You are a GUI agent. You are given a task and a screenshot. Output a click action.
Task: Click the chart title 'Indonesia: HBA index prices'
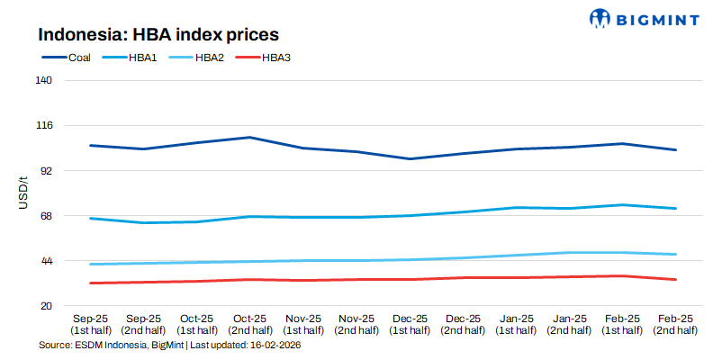[x=158, y=35]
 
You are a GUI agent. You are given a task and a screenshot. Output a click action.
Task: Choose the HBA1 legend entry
[x=131, y=58]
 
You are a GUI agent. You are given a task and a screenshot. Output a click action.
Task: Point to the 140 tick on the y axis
[x=44, y=80]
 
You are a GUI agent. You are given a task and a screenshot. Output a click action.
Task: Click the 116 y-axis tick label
[x=44, y=125]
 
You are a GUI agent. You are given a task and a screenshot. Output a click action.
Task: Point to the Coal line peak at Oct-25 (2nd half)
[x=249, y=138]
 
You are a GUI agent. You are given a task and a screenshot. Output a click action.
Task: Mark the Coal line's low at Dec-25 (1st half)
[x=410, y=159]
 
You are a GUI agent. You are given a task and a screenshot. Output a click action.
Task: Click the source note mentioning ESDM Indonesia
[x=169, y=346]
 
